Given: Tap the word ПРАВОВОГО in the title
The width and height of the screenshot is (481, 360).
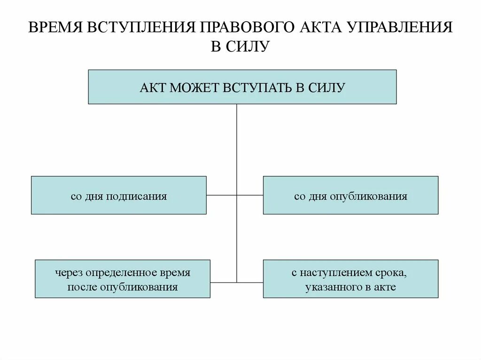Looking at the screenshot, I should [248, 29].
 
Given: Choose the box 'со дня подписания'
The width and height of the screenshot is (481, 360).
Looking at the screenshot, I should [118, 195].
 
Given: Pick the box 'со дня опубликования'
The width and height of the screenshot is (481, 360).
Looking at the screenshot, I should [350, 195].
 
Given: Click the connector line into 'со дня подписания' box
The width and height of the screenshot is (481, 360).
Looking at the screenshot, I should [221, 195].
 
